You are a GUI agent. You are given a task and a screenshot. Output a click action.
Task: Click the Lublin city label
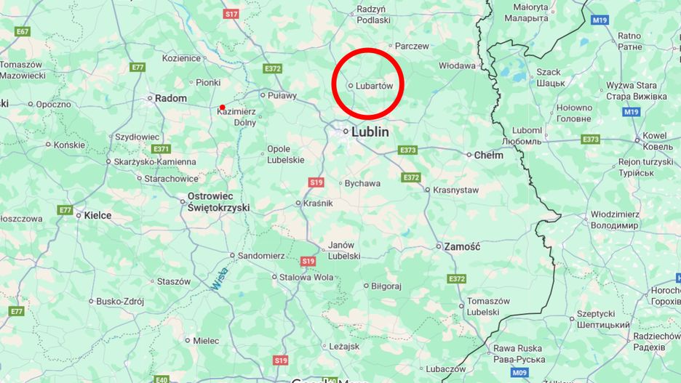[370, 132]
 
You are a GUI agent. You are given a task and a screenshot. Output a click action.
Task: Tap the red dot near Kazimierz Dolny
[222, 108]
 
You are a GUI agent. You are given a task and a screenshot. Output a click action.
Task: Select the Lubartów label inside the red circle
[374, 86]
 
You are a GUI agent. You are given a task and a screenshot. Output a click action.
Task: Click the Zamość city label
[462, 246]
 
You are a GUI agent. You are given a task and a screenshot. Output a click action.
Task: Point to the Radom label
[171, 98]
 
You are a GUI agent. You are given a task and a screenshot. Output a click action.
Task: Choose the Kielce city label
[97, 215]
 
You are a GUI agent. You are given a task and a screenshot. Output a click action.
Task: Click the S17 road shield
[231, 14]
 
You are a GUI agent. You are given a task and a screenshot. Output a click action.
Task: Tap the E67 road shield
[23, 31]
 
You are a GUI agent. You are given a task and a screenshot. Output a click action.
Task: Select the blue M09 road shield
[519, 372]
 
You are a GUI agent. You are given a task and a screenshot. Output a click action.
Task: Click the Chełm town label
[488, 155]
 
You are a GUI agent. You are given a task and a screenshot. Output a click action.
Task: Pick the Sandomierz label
[262, 256]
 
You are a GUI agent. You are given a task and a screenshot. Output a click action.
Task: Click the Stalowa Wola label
[306, 277]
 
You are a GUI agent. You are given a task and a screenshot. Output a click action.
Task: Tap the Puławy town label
[282, 94]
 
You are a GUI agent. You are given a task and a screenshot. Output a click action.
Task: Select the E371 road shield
[161, 148]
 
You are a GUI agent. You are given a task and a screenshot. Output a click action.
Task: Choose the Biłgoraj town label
[386, 286]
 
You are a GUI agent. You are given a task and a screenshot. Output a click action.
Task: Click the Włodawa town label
[457, 65]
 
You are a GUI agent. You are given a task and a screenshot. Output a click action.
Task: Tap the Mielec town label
[206, 340]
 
